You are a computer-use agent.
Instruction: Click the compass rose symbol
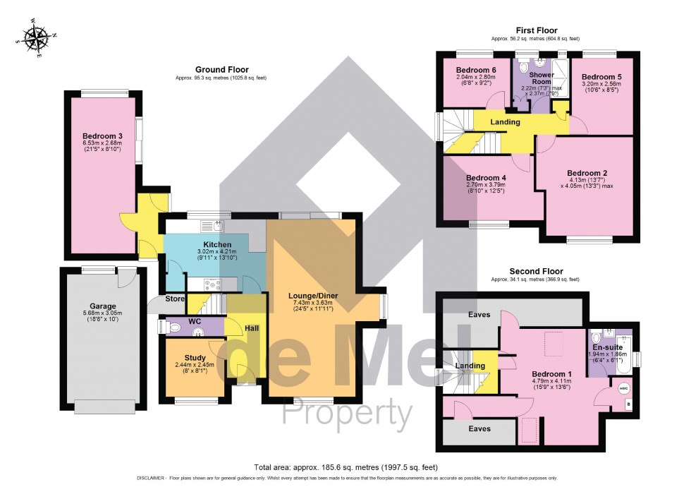[x=34, y=37]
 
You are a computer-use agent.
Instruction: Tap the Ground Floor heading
[x=221, y=70]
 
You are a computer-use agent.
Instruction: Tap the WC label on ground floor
[x=195, y=322]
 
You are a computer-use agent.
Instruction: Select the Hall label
[x=252, y=328]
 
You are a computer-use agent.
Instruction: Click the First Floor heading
[x=537, y=30]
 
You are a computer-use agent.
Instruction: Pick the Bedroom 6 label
[x=476, y=71]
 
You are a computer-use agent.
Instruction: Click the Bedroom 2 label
[x=587, y=172]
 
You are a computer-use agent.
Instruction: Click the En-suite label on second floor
[x=606, y=347]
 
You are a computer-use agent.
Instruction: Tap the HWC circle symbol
[x=623, y=387]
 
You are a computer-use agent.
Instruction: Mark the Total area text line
[x=345, y=467]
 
